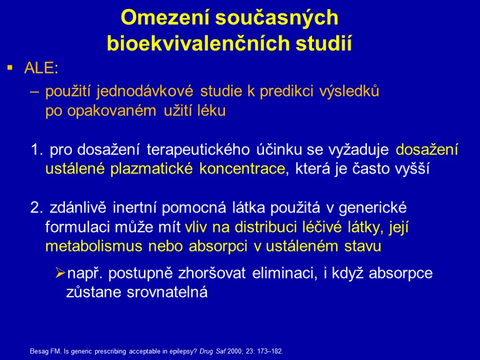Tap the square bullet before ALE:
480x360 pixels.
click(x=11, y=67)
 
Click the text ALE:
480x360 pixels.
click(x=41, y=68)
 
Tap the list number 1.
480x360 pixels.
click(x=37, y=150)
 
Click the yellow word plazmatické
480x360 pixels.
click(x=151, y=169)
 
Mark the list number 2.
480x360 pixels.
click(x=36, y=208)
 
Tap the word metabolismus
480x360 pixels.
click(x=94, y=246)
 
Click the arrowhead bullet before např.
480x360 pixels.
click(x=60, y=273)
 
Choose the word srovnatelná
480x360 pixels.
click(x=167, y=292)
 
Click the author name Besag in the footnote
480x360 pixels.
click(x=36, y=351)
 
